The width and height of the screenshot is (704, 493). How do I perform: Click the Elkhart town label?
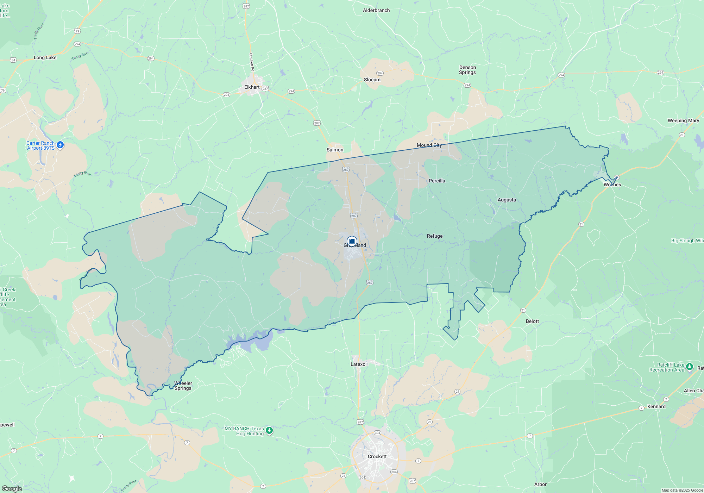pyautogui.click(x=252, y=87)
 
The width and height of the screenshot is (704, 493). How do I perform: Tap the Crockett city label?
pyautogui.click(x=377, y=456)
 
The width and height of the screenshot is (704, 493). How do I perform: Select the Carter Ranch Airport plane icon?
pyautogui.click(x=60, y=145)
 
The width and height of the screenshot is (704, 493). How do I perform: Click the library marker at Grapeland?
pyautogui.click(x=352, y=241)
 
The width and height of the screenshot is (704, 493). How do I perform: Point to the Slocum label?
pyautogui.click(x=372, y=80)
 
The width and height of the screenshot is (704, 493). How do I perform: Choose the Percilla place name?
pyautogui.click(x=437, y=181)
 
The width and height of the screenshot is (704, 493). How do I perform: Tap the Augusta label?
pyautogui.click(x=507, y=200)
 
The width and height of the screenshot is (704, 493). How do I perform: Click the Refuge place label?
pyautogui.click(x=435, y=236)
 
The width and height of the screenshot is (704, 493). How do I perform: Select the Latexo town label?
pyautogui.click(x=358, y=364)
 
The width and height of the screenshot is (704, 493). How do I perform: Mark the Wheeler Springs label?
pyautogui.click(x=183, y=386)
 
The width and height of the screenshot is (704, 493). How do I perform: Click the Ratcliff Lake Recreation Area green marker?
pyautogui.click(x=689, y=367)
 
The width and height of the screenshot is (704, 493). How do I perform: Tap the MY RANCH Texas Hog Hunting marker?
pyautogui.click(x=269, y=430)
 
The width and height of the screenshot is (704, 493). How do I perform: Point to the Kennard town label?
pyautogui.click(x=656, y=406)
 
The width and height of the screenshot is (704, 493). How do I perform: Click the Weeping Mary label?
pyautogui.click(x=683, y=120)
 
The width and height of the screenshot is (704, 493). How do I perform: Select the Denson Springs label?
pyautogui.click(x=467, y=70)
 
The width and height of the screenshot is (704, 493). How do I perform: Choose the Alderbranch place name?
pyautogui.click(x=376, y=10)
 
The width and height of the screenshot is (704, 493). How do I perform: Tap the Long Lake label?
pyautogui.click(x=45, y=57)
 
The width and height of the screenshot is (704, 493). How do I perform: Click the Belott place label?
pyautogui.click(x=532, y=321)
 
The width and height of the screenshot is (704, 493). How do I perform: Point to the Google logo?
pyautogui.click(x=12, y=488)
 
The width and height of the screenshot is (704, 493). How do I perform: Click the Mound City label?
pyautogui.click(x=429, y=145)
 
